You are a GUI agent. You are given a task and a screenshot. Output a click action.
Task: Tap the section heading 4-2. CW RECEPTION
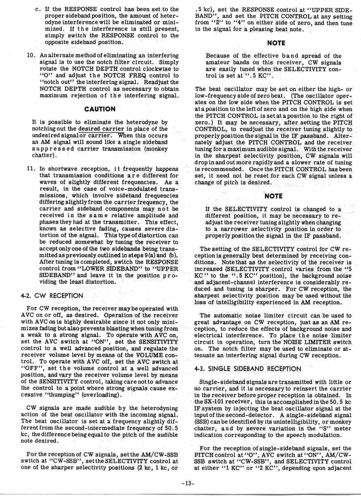pos(52,296)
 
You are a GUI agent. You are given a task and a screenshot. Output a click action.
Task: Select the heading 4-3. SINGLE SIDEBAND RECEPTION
pos(248,369)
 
